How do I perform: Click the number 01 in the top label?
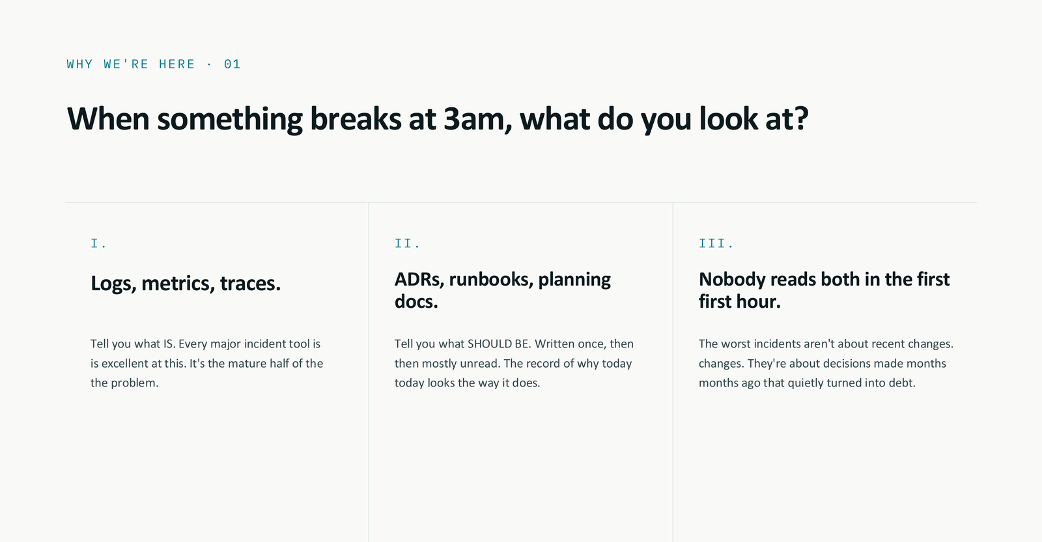[x=232, y=64]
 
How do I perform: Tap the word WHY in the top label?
[x=79, y=64]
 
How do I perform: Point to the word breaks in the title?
[x=356, y=119]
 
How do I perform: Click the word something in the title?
[x=230, y=119]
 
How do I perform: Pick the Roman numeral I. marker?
[x=98, y=244]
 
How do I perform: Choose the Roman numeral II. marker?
[x=407, y=244]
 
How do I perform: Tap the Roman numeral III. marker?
[x=716, y=244]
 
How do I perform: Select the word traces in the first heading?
[x=249, y=284]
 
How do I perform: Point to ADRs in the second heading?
[x=418, y=279]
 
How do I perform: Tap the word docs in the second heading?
[x=415, y=302]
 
